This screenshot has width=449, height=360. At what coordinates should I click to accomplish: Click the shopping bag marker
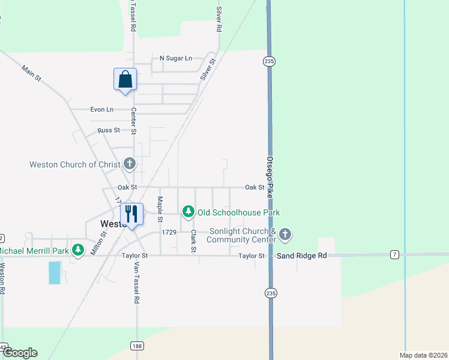(x=125, y=79)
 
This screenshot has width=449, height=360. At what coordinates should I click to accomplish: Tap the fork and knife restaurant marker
(x=132, y=214)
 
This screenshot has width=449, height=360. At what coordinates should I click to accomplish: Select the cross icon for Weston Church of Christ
(x=129, y=163)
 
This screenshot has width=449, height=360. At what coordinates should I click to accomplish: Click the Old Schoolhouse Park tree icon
(x=188, y=212)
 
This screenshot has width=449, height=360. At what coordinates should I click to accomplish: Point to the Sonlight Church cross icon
(x=285, y=234)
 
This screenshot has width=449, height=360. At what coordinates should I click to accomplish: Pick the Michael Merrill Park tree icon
(x=77, y=250)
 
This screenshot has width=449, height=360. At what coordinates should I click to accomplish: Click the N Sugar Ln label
(x=175, y=58)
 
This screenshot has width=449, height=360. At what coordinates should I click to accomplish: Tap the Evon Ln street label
(x=101, y=110)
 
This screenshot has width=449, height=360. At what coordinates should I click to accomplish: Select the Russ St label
(x=109, y=130)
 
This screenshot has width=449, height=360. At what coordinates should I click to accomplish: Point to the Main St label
(x=31, y=73)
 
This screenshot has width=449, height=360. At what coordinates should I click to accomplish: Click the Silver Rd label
(x=220, y=19)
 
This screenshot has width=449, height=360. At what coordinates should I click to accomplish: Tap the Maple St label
(x=160, y=207)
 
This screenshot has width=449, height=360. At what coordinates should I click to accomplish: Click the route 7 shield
(x=394, y=255)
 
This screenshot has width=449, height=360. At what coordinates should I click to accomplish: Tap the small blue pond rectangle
(x=55, y=272)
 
